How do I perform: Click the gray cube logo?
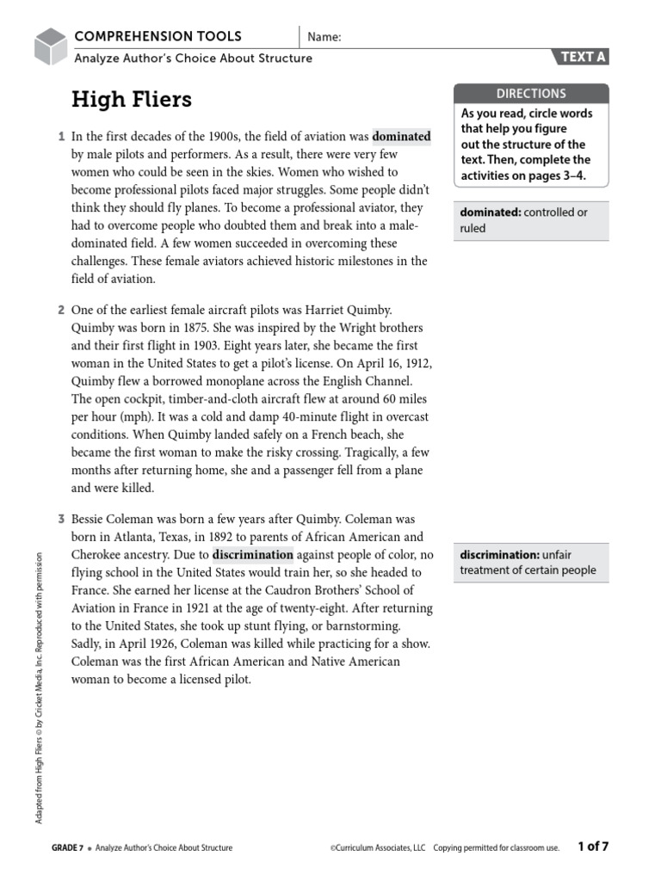pos(51,46)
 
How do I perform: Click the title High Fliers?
pos(131,100)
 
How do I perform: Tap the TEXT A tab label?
pos(584,58)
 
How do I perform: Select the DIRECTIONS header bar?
pos(531,93)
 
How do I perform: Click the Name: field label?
pos(324,37)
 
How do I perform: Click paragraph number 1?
pos(61,136)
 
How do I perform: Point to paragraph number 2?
pos(61,309)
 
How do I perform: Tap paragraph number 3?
pos(61,520)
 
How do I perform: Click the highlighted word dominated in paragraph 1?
pos(401,136)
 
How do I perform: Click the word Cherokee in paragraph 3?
pos(97,554)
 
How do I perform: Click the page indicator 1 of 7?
pos(594,847)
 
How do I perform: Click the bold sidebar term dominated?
pos(490,213)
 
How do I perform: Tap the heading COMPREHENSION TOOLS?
pos(158,36)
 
